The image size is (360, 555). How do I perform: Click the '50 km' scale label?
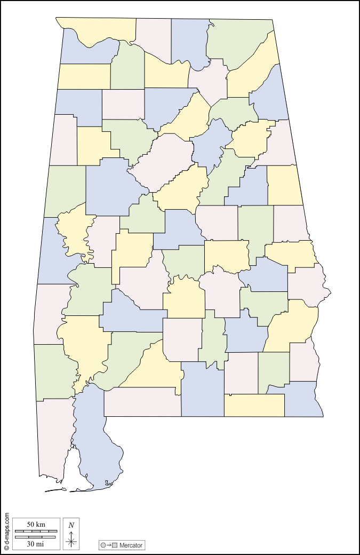(x=36, y=525)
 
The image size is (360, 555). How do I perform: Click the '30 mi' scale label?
(x=36, y=544)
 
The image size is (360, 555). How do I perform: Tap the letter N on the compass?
(x=71, y=525)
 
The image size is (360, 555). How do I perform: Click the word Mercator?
(x=131, y=545)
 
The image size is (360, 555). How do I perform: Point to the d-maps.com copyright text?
(x=7, y=532)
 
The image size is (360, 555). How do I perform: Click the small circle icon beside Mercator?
(x=103, y=545)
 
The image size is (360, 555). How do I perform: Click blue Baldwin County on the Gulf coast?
(x=96, y=438)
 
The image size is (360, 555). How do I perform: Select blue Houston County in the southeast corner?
(x=301, y=400)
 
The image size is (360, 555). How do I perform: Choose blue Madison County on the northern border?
(x=189, y=40)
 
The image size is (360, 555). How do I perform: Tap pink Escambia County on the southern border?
(x=141, y=401)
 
